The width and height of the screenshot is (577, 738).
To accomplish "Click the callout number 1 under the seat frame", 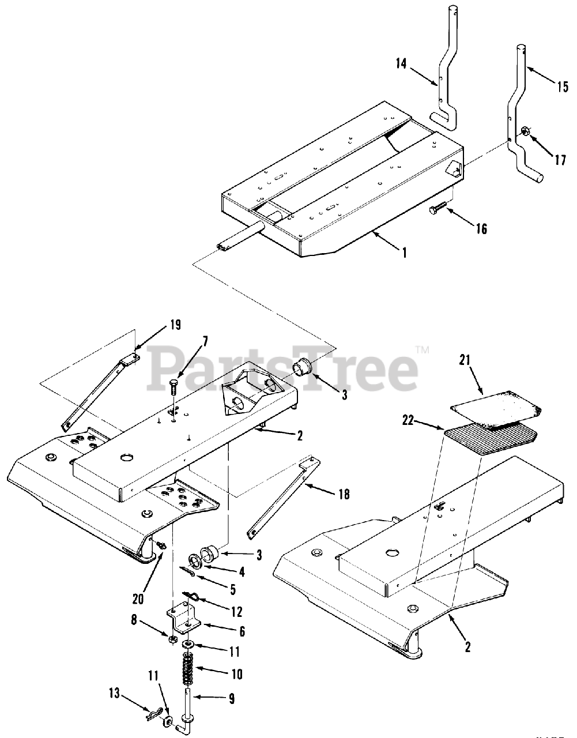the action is pyautogui.click(x=404, y=253).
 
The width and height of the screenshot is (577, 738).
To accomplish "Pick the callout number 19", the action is pyautogui.click(x=174, y=325).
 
